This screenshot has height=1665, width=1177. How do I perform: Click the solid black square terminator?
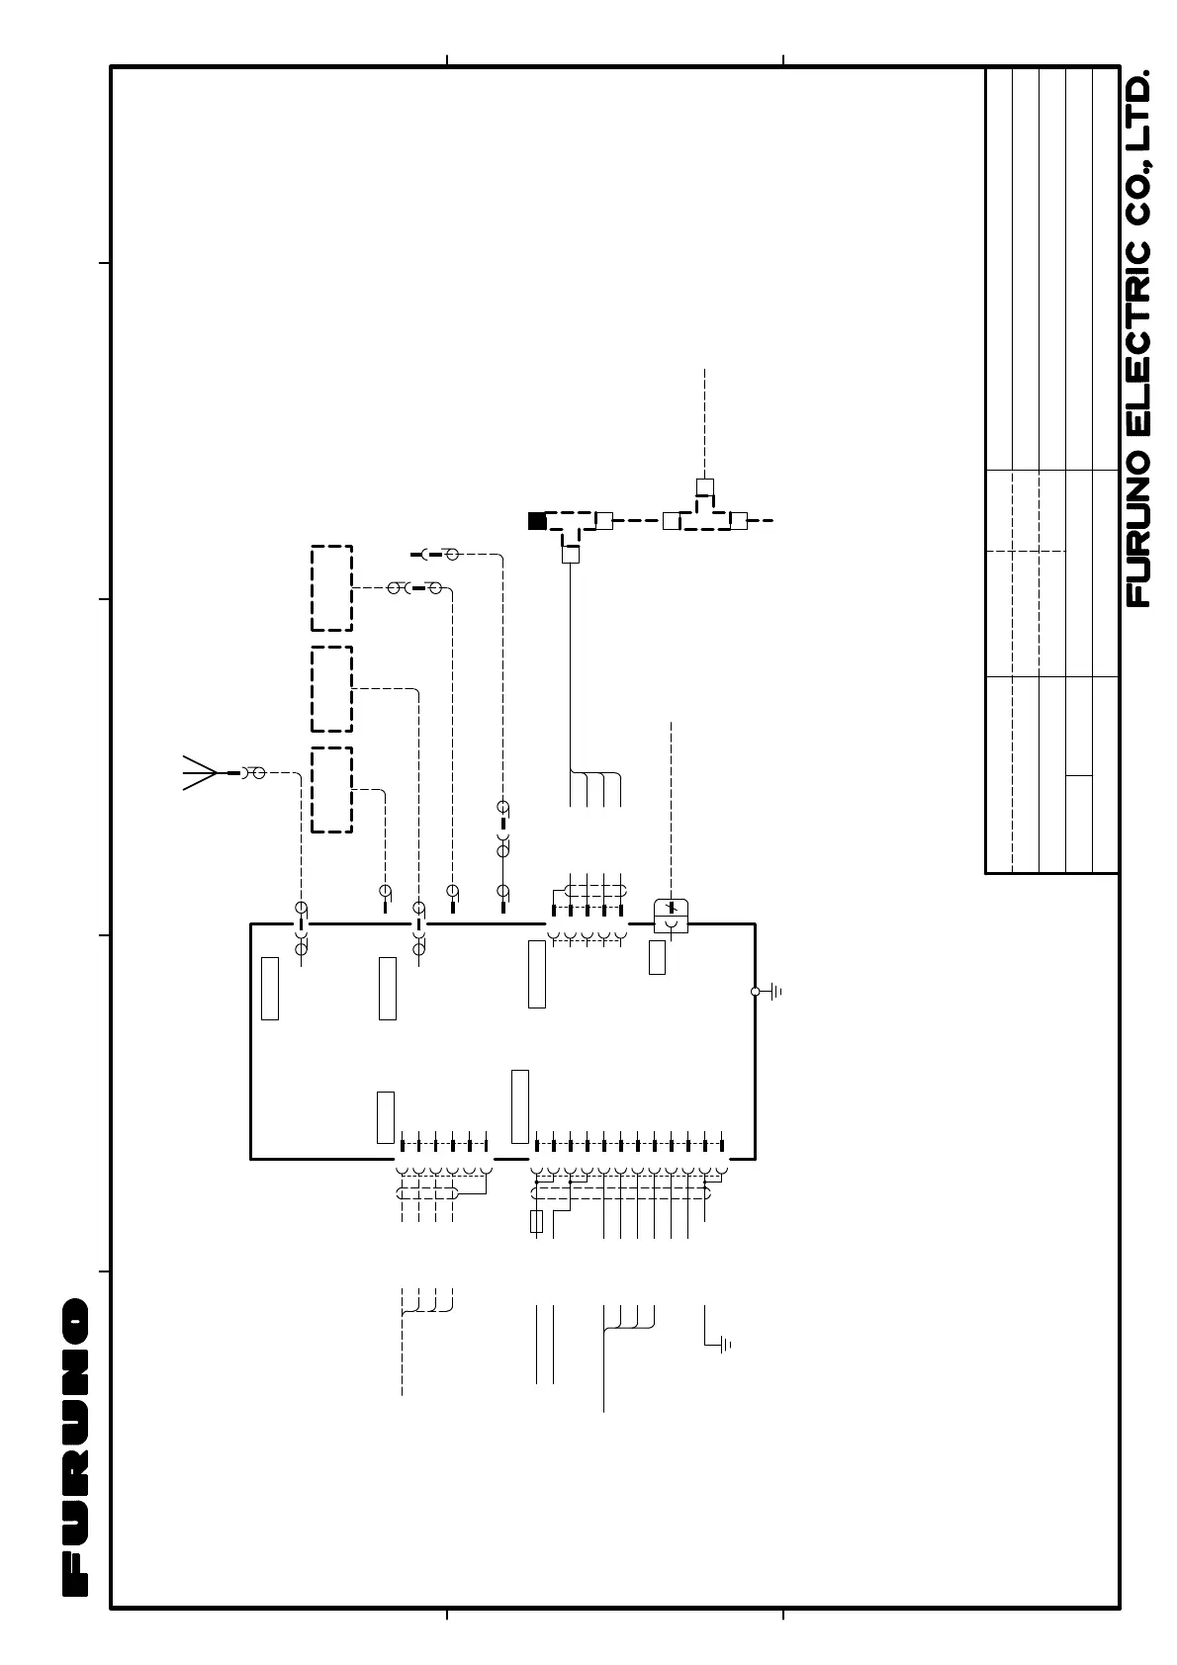point(537,521)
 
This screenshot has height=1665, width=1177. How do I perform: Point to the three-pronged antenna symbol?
point(199,772)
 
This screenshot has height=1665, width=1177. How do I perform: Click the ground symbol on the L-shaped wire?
point(725,1345)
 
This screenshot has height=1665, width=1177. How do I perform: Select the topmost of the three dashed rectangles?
point(331,587)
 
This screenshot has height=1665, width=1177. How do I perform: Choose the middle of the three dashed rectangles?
point(331,689)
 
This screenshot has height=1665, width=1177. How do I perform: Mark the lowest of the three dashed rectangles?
point(331,789)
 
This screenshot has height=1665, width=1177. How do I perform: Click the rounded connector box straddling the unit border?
point(671,916)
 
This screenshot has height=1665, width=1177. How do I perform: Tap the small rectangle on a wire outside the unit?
point(537,1221)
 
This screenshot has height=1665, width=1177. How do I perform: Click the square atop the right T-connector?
point(704,486)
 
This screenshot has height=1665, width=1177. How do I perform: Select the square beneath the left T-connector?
point(570,555)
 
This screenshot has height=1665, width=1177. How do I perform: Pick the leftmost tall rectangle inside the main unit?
point(269,988)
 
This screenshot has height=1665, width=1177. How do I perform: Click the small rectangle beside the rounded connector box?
point(657,957)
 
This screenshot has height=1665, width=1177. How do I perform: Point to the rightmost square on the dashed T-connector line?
point(737,521)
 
